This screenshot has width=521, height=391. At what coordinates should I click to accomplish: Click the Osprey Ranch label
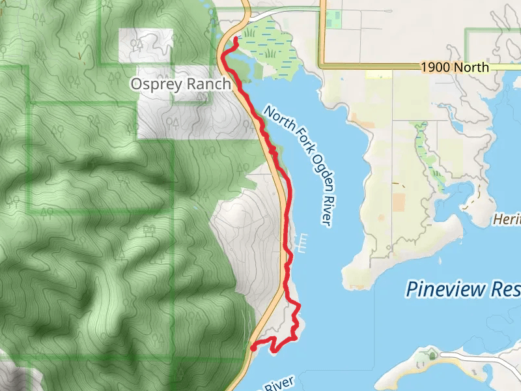pyautogui.click(x=180, y=84)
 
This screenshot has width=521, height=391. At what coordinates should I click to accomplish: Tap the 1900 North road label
pyautogui.click(x=454, y=67)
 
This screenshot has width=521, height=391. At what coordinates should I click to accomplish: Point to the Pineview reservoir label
pyautogui.click(x=462, y=288)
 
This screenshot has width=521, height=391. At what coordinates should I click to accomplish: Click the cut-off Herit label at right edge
pyautogui.click(x=507, y=220)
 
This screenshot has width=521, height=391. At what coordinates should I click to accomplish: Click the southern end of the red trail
pyautogui.click(x=252, y=349)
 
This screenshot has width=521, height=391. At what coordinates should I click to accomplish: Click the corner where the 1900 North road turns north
pyautogui.click(x=322, y=66)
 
